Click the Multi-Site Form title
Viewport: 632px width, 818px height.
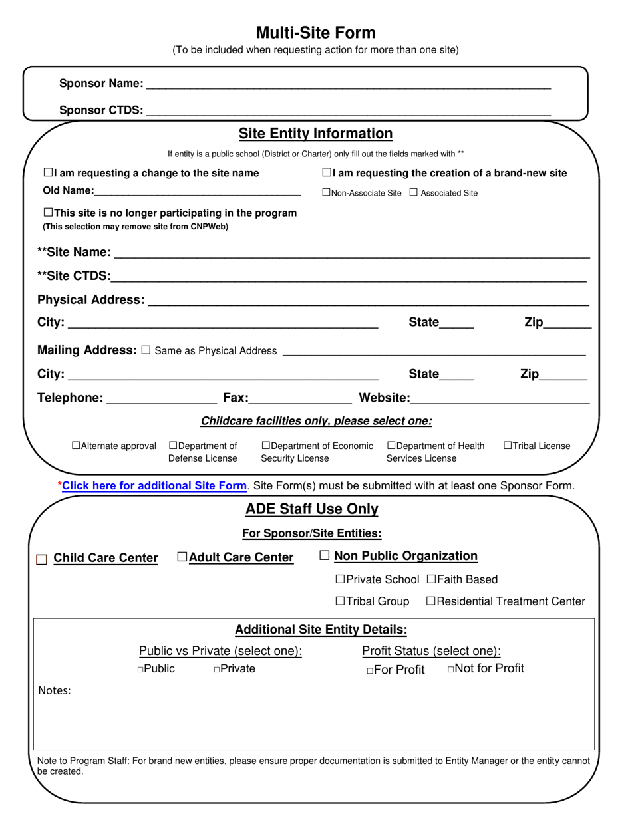click(315, 33)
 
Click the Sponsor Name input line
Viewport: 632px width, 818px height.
click(348, 84)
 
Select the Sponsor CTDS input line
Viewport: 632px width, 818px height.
click(348, 111)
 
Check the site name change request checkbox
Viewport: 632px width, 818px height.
click(48, 173)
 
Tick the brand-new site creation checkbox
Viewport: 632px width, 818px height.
click(327, 173)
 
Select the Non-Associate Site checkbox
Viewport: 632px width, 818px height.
click(326, 193)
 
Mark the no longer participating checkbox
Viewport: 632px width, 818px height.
click(48, 213)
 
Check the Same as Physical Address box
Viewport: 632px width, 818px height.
click(146, 350)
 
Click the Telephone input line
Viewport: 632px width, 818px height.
click(162, 399)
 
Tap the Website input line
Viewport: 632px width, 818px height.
click(500, 399)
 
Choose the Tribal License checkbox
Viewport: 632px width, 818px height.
click(508, 446)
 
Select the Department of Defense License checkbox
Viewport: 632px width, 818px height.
click(174, 446)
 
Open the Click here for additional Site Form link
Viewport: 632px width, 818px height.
click(154, 486)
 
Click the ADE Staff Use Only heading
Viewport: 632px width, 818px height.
click(312, 509)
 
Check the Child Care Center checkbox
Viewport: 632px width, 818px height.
click(41, 559)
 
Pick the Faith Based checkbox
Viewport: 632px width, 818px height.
click(431, 580)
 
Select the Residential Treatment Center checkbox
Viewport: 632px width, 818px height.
click(430, 601)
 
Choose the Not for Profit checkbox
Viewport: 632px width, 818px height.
click(450, 669)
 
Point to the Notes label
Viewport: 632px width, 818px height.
click(55, 690)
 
